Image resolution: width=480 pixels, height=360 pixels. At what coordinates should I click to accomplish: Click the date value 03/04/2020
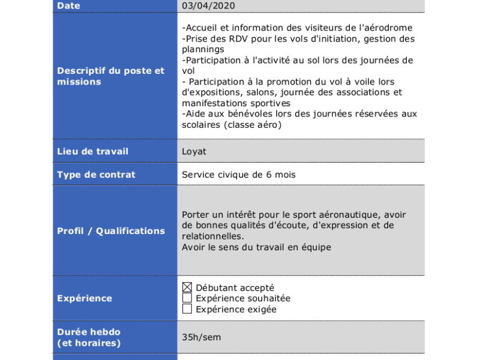208,6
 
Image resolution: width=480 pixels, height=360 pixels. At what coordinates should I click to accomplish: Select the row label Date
68,6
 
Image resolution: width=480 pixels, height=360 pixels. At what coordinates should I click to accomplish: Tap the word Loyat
194,152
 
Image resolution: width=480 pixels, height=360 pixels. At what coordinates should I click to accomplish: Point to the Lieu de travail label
92,152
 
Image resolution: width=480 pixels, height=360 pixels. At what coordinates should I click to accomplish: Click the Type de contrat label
96,175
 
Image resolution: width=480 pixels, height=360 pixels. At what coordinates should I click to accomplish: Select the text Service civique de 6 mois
239,175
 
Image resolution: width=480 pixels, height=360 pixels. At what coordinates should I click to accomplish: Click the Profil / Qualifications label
110,231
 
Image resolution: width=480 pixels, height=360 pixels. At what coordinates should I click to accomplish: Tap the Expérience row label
85,298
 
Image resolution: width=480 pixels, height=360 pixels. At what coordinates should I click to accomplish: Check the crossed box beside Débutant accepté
187,287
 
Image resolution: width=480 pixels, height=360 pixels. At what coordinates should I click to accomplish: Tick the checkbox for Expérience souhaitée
187,298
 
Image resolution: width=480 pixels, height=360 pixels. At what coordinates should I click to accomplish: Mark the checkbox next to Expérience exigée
187,309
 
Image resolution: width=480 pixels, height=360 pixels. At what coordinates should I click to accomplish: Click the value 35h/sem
201,337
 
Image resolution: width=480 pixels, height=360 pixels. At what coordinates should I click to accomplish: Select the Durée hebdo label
89,332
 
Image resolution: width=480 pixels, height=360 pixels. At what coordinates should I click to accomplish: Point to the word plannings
203,49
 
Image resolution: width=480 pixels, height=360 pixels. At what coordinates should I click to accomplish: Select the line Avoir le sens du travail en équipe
256,247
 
